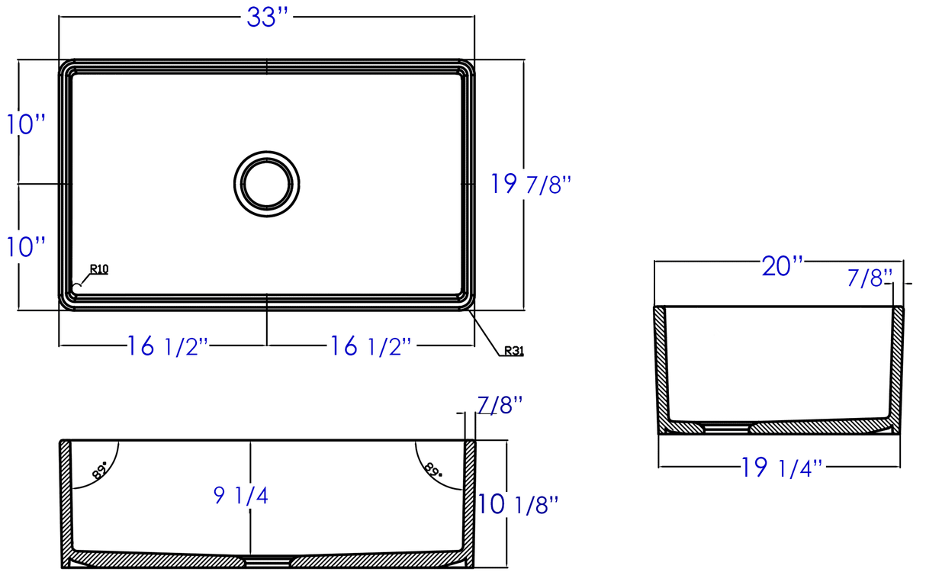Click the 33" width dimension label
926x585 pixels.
coord(267,18)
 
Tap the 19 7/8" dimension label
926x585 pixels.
coord(531,184)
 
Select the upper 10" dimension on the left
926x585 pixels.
coord(26,124)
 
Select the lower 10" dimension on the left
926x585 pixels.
coord(26,247)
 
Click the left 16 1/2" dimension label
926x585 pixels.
coord(167,346)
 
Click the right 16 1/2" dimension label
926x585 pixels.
coord(371,346)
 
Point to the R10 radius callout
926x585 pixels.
coord(99,269)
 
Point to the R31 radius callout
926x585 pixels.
coord(514,351)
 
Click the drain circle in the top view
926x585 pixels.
coord(267,151)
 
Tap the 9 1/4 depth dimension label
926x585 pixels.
coord(240,495)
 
